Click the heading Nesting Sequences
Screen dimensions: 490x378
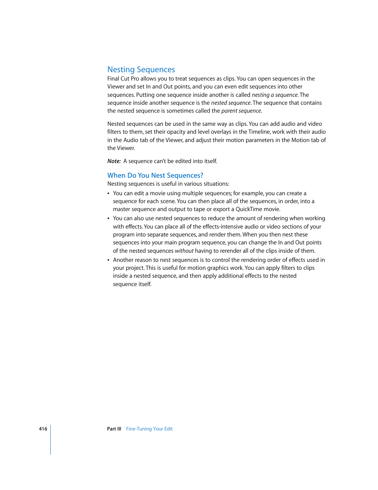pos(141,69)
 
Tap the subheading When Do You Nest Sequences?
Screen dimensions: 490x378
pos(155,175)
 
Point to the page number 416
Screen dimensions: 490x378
pos(43,429)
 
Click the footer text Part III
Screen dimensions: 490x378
pos(114,429)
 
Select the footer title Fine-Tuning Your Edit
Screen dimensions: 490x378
pos(149,429)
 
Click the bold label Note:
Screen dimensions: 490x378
pos(114,161)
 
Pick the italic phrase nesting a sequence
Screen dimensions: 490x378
pos(275,95)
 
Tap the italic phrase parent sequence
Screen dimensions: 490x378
pos(241,111)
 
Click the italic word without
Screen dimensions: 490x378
pos(184,251)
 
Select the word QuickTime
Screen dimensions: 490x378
pos(249,209)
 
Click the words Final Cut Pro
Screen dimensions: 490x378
pos(123,79)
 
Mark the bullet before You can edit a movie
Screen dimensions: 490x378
pos(109,194)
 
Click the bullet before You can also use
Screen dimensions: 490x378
pos(109,219)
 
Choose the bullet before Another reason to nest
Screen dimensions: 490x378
pos(109,260)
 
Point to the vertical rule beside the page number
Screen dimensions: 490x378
pos(51,440)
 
